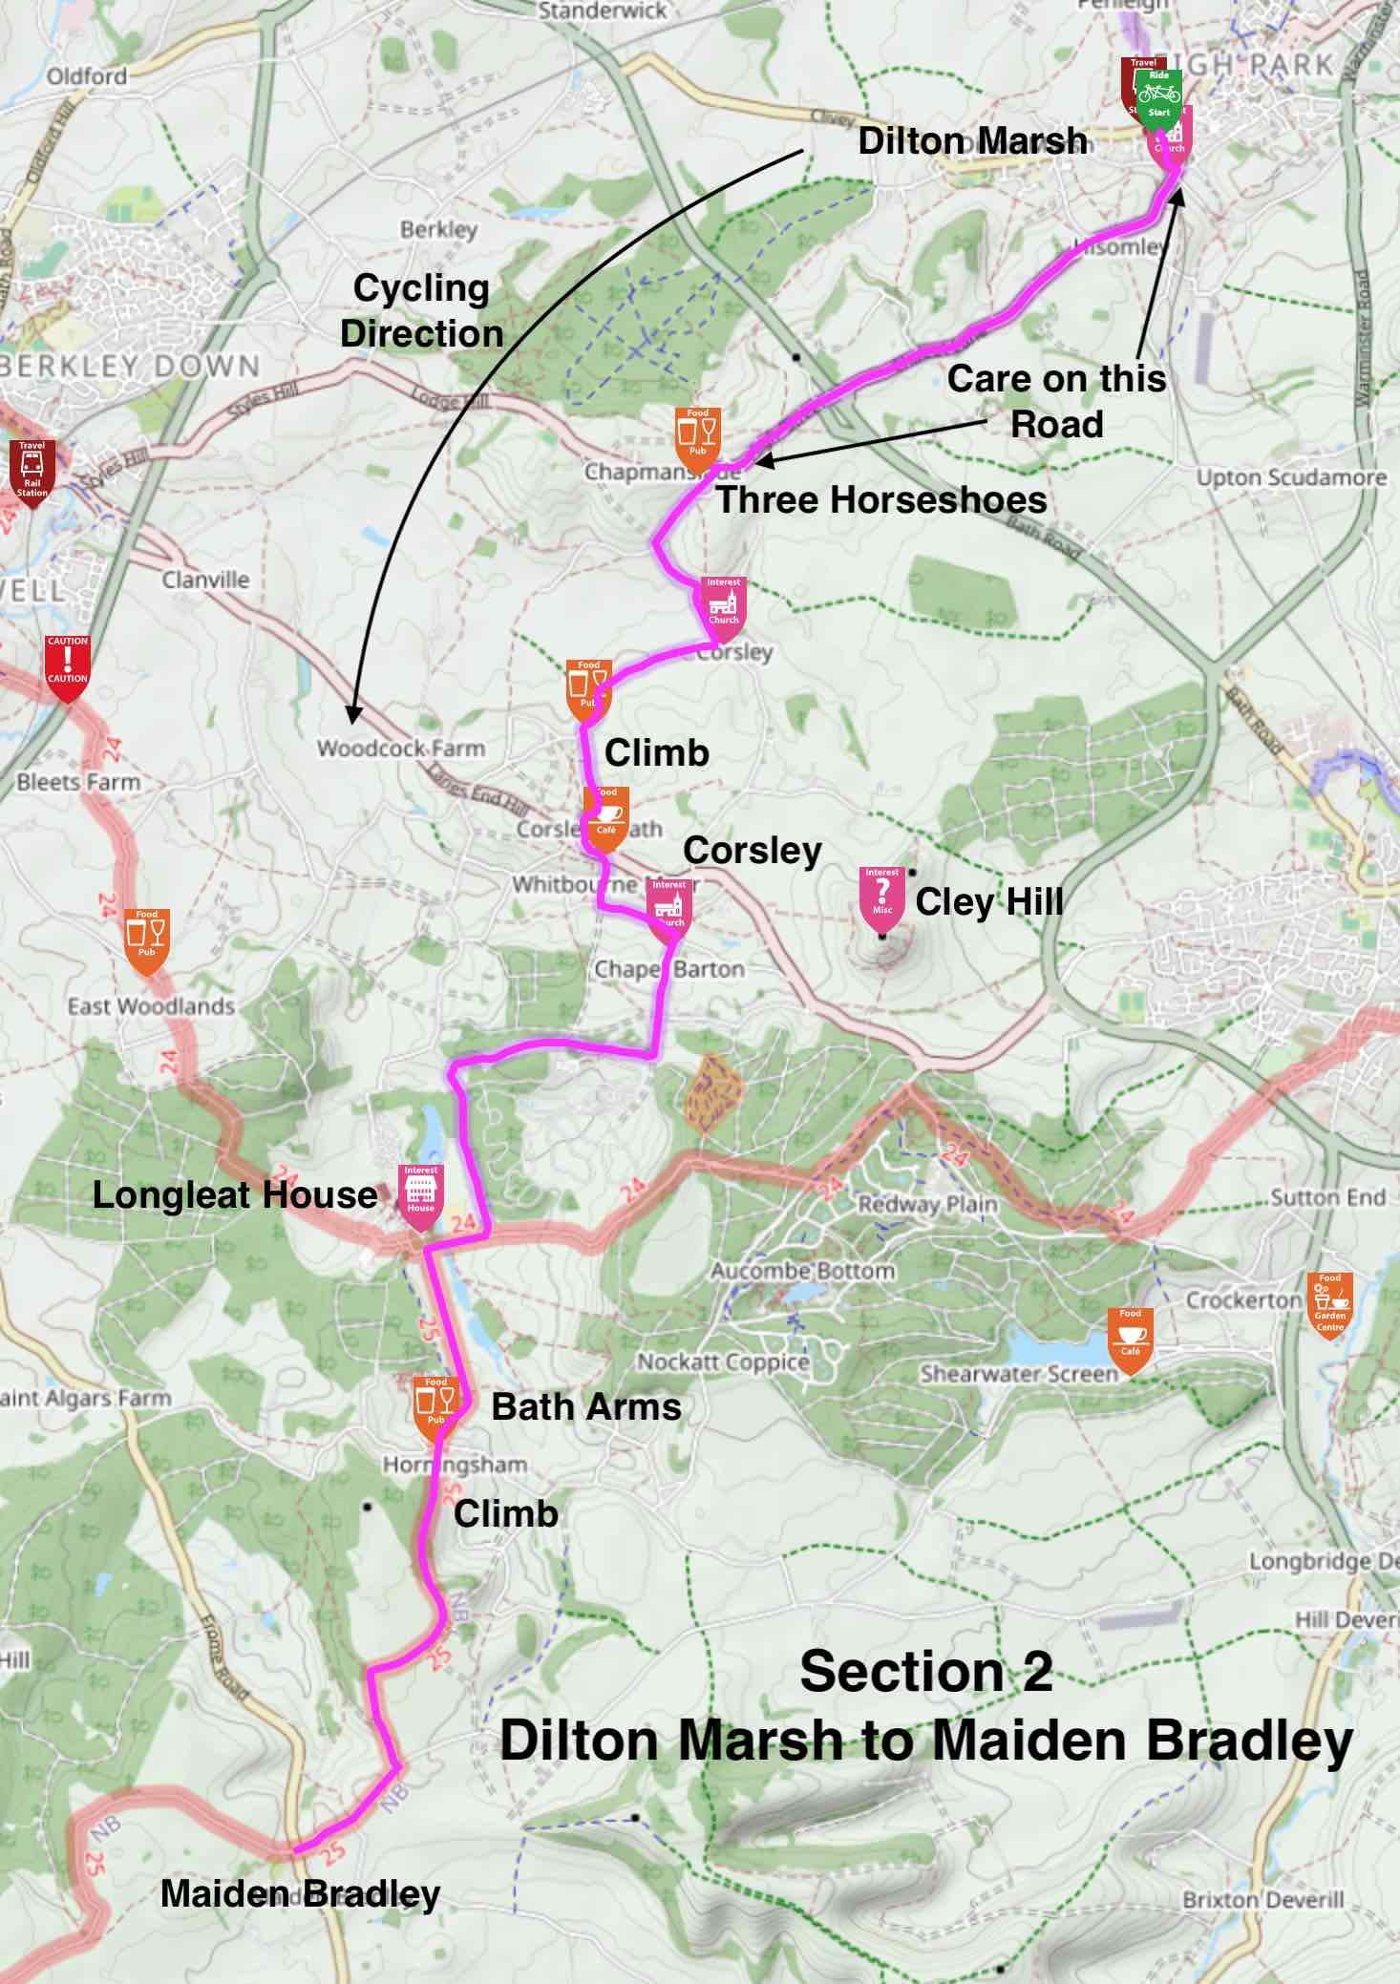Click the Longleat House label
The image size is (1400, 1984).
tap(235, 1195)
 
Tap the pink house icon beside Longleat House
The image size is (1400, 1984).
tap(420, 1192)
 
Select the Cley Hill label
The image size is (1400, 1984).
tap(989, 901)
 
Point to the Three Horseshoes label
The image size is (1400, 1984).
tap(881, 499)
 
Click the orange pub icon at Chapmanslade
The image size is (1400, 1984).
tap(698, 435)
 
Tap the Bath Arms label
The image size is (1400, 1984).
tap(586, 1406)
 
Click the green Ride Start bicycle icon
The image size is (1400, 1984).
tap(1159, 95)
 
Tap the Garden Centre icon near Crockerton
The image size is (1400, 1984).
tap(1330, 1301)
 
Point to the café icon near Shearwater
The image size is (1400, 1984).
tap(1131, 1337)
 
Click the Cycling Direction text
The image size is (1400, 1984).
tap(421, 310)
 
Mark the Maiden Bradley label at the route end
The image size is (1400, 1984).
tap(300, 1893)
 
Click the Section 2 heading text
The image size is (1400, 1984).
tap(925, 1672)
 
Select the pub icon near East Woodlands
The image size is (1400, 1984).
tap(147, 936)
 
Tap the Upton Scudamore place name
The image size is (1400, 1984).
tap(1291, 477)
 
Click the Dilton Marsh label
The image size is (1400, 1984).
tap(972, 141)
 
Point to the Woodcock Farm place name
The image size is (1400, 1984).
tap(401, 749)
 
